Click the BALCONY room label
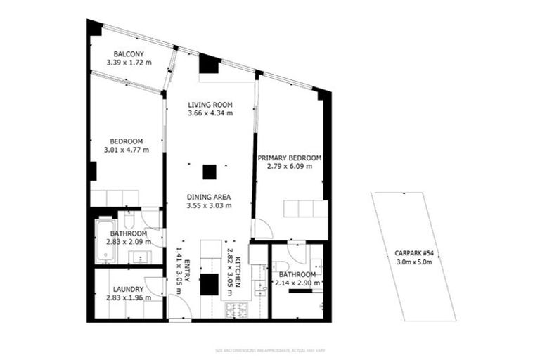pos(129,53)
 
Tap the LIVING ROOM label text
pos(210,105)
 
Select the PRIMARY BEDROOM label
pos(289,157)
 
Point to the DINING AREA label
pos(209,197)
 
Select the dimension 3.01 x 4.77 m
pos(127,149)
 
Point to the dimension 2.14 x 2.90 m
pos(298,283)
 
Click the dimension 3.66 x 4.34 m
pos(210,112)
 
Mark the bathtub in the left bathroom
pos(103,240)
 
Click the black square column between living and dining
pos(209,171)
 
